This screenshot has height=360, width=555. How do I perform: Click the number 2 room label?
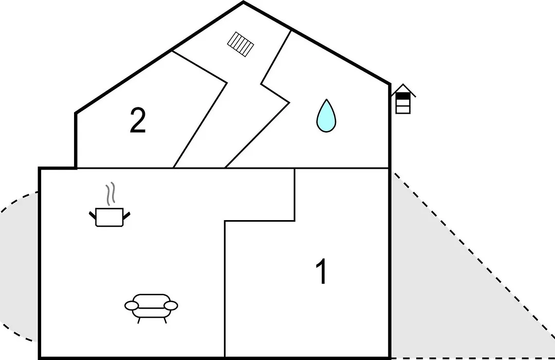(138, 120)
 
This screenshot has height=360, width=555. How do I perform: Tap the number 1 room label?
(321, 271)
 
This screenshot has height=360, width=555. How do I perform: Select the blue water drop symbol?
(326, 117)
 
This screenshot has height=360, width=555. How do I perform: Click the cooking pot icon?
(109, 217)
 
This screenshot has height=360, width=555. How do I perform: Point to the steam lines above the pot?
(110, 194)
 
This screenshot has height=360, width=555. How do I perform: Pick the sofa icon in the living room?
(151, 308)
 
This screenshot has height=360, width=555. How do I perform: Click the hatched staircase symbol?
(240, 44)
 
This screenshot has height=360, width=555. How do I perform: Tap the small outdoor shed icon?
(403, 99)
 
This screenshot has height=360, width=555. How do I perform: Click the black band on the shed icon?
(403, 96)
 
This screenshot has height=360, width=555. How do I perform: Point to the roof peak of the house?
(244, 2)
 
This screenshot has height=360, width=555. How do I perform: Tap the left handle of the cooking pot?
(92, 214)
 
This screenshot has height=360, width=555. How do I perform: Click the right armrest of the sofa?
(171, 305)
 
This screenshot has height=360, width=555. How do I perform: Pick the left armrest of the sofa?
(132, 305)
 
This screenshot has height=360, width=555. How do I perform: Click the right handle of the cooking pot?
(126, 214)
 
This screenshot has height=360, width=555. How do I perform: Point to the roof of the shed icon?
(403, 89)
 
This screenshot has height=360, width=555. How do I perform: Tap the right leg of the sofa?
(165, 320)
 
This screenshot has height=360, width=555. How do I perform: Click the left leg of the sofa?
(139, 320)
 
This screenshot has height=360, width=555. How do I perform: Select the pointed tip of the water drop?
(326, 100)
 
